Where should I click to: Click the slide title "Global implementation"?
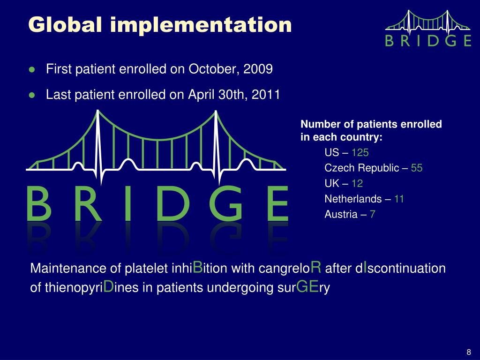(159, 24)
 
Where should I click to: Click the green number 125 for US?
(360, 152)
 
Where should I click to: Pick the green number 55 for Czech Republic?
(417, 168)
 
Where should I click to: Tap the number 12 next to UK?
(357, 183)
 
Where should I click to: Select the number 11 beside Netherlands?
(399, 199)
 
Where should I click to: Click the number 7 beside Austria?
(372, 214)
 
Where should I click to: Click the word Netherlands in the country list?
(353, 199)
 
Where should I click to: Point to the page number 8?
(468, 352)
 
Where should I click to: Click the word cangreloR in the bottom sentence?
(294, 268)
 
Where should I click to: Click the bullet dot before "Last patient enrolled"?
(32, 95)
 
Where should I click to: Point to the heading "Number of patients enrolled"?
(371, 125)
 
